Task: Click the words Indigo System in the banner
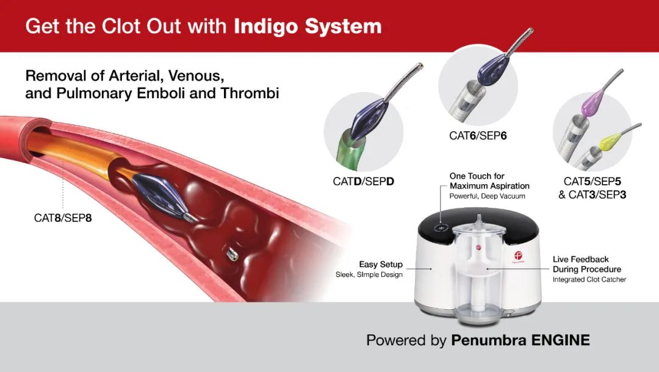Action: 308,26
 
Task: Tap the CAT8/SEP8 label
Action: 63,218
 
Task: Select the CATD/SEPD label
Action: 363,181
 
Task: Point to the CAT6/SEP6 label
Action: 478,135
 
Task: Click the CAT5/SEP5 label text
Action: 592,181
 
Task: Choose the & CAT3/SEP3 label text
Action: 592,195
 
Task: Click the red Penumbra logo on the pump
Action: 518,256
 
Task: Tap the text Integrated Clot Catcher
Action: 589,280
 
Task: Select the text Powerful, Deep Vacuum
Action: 487,196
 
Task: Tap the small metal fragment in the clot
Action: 232,254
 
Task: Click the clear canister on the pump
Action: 479,269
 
